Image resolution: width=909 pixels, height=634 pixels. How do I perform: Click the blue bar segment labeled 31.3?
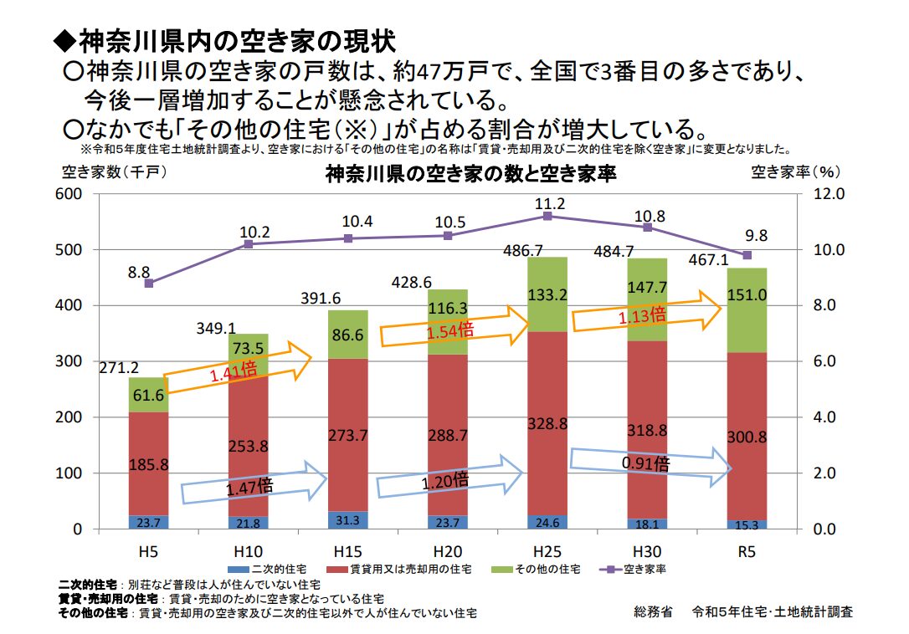[x=347, y=520]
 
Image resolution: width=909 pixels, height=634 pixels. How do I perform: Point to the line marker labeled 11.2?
[x=547, y=216]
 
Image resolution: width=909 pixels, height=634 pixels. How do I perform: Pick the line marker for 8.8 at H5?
[x=148, y=284]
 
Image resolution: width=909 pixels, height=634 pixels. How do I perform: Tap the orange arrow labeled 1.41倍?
[x=237, y=367]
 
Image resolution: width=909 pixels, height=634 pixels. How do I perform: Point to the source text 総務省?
[x=653, y=611]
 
